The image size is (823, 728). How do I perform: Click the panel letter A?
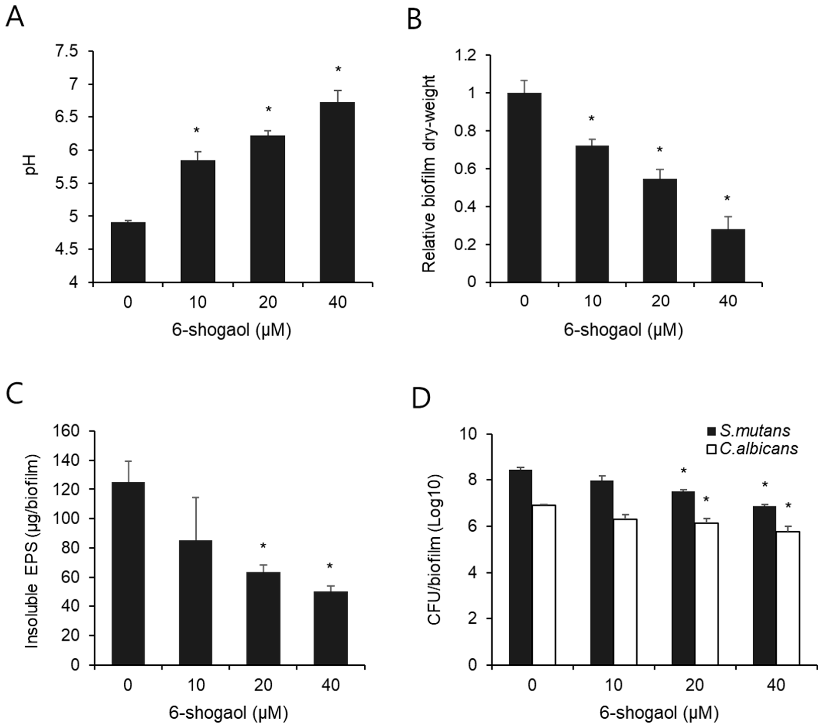15,17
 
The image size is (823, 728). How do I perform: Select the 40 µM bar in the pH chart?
337,192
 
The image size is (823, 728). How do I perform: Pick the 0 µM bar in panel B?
524,187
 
